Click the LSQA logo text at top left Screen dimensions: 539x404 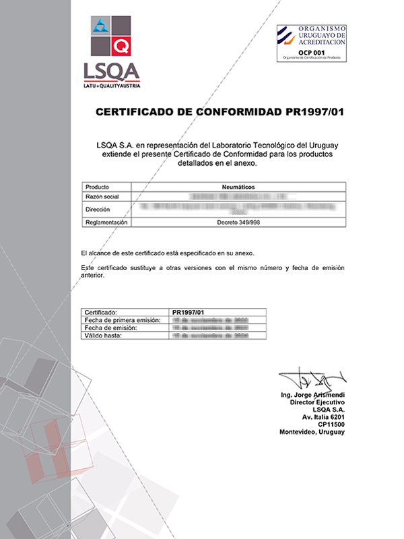pyautogui.click(x=110, y=70)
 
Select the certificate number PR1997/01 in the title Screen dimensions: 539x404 pyautogui.click(x=305, y=112)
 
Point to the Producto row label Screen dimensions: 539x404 pyautogui.click(x=98, y=187)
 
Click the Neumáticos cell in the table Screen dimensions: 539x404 pyautogui.click(x=238, y=187)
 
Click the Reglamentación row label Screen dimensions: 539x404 pyautogui.click(x=106, y=222)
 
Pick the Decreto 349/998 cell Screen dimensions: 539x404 pyautogui.click(x=238, y=222)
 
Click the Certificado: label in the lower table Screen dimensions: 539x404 pyautogui.click(x=102, y=313)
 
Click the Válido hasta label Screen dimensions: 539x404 pyautogui.click(x=103, y=335)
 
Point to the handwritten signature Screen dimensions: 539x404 pyautogui.click(x=312, y=381)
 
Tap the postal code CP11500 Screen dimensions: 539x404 pyautogui.click(x=330, y=424)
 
